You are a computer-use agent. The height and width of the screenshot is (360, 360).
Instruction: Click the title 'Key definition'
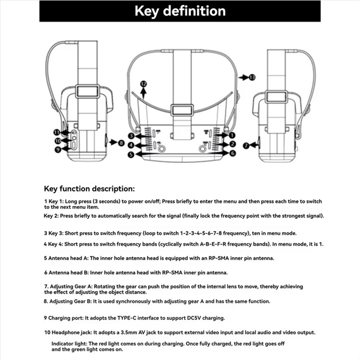pyautogui.click(x=180, y=11)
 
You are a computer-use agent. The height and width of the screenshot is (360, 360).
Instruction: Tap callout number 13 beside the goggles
pyautogui.click(x=252, y=77)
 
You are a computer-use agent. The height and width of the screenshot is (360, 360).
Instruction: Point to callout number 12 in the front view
pyautogui.click(x=144, y=84)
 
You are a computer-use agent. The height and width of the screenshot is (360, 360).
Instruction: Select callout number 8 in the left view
pyautogui.click(x=121, y=143)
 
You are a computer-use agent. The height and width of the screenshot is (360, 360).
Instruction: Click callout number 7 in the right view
pyautogui.click(x=246, y=145)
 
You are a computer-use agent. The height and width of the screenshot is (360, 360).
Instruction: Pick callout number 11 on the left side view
pyautogui.click(x=57, y=132)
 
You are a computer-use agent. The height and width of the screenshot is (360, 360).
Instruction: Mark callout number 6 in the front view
pyautogui.click(x=232, y=153)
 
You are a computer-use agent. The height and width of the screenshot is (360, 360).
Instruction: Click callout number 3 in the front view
pyautogui.click(x=132, y=136)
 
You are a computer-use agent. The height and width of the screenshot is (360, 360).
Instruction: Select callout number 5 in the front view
pyautogui.click(x=131, y=154)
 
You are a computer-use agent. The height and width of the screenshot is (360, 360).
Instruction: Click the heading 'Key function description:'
pyautogui.click(x=89, y=189)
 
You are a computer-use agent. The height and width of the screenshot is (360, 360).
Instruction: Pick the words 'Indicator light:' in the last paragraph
pyautogui.click(x=69, y=344)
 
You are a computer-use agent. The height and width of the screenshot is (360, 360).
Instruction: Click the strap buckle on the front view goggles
pyautogui.click(x=183, y=110)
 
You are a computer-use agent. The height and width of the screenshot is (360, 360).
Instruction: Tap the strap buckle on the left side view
pyautogui.click(x=87, y=91)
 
